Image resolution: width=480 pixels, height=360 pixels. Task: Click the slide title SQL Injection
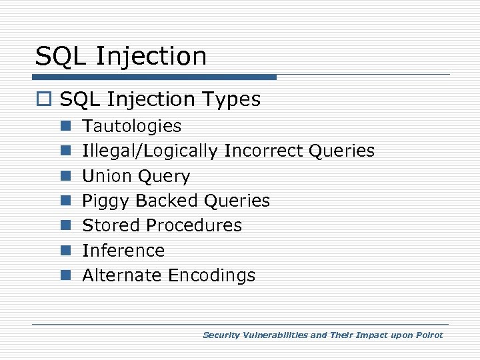(121, 56)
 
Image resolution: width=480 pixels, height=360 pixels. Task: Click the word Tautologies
(131, 126)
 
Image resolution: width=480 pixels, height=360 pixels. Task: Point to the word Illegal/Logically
(149, 151)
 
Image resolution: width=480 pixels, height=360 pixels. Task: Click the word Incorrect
(265, 151)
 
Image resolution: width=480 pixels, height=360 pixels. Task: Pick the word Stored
(107, 225)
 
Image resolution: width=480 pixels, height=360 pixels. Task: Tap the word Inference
(123, 251)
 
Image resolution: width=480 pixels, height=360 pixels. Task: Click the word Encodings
(211, 276)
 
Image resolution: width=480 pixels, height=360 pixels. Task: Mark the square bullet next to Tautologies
(65, 127)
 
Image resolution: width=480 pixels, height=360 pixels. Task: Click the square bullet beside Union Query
(65, 177)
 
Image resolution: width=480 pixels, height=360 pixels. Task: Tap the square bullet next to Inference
(65, 251)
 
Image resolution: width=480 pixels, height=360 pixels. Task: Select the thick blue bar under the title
(155, 77)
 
